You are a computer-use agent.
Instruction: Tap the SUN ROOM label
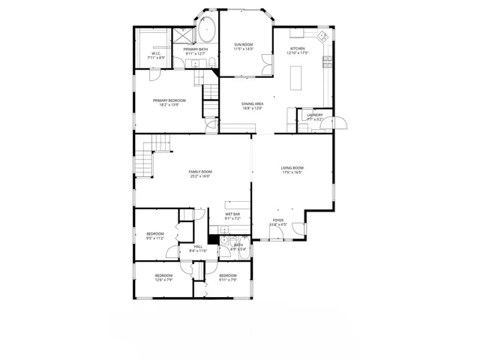coord(243,45)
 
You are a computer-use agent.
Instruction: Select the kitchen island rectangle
coord(298,75)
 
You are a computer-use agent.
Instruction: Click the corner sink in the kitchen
coord(322,35)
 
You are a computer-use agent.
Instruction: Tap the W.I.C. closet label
coord(156,53)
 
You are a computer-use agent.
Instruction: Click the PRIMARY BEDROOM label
coord(169,100)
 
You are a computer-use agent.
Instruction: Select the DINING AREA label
coord(252,103)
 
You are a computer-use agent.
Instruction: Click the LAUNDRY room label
coord(315,115)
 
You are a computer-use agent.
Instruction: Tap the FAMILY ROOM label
coord(200,172)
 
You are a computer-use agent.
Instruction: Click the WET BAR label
coord(232,214)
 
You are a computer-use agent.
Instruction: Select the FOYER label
coord(278,220)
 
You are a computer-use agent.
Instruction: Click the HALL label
coord(198,246)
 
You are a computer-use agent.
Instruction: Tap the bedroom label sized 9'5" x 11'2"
coord(154,234)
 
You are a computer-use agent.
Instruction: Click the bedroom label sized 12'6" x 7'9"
coord(163,275)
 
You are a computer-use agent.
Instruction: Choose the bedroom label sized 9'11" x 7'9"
coord(228,275)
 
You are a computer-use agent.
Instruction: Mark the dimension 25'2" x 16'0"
coord(200,176)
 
